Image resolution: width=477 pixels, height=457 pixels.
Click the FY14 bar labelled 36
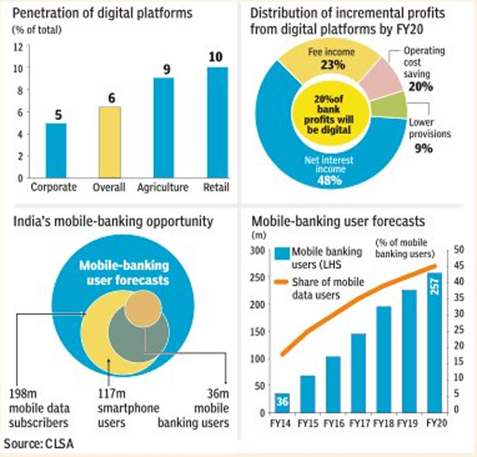tap(282, 401)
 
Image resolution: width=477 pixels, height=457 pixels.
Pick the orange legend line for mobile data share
tap(291, 283)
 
